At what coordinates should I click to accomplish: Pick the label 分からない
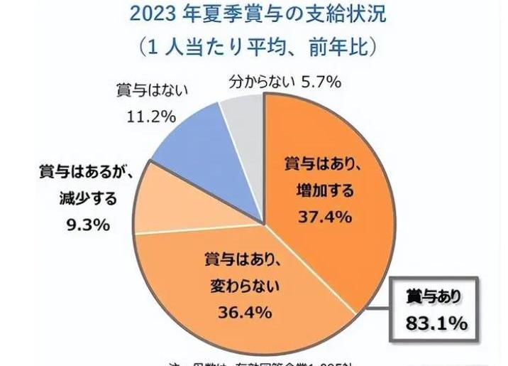[260, 82]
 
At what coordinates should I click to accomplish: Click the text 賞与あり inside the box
[435, 296]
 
